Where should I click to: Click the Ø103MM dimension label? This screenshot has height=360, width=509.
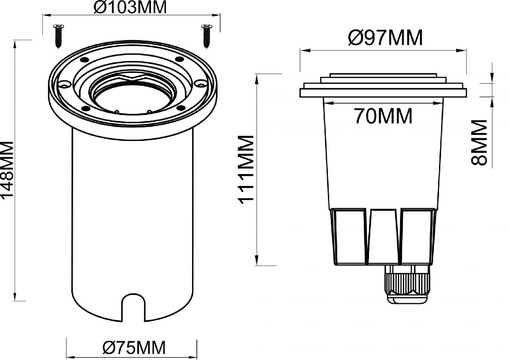pos(130,7)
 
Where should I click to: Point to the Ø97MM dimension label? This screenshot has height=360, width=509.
pos(386,38)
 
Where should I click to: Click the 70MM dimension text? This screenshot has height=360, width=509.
pos(383,116)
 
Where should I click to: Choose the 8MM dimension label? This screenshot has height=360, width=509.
pos(479,142)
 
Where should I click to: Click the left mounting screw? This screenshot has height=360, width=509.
pos(59,36)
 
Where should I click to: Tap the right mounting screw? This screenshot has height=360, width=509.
pos(206,36)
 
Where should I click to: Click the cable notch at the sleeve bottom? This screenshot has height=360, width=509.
pos(133,307)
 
